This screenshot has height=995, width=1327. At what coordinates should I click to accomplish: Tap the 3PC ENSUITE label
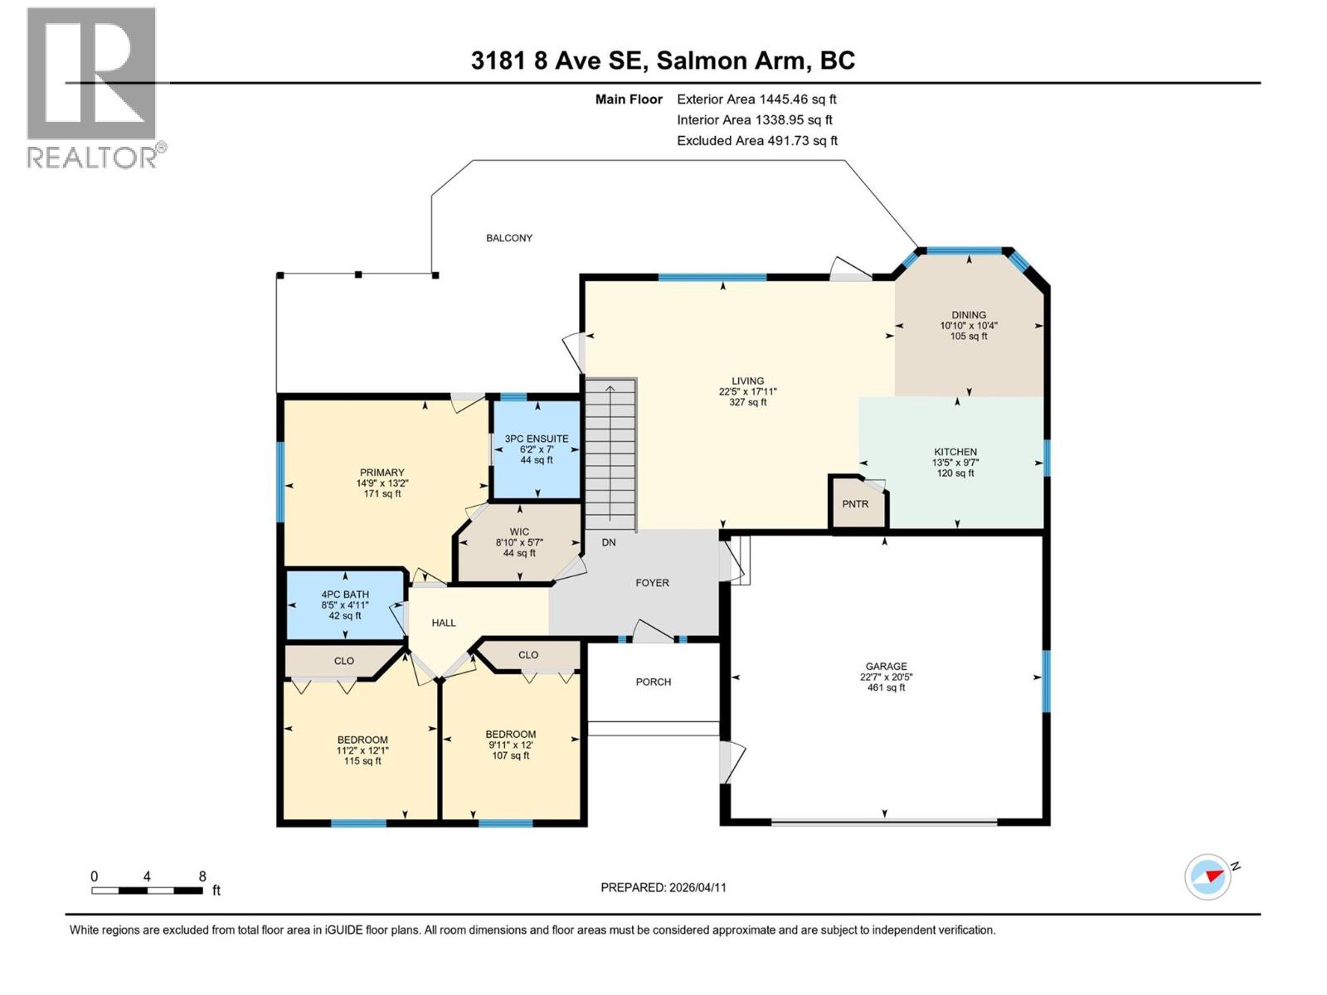(x=537, y=439)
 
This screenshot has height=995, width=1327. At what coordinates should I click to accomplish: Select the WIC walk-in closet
(x=519, y=542)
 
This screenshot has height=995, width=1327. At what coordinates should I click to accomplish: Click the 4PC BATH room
(x=345, y=604)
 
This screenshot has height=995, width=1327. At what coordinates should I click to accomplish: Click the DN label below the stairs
(x=609, y=542)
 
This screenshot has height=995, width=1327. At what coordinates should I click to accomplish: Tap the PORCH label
(x=654, y=682)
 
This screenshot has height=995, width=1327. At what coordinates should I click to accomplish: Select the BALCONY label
(x=509, y=238)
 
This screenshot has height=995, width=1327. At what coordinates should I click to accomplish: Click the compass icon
(x=1208, y=876)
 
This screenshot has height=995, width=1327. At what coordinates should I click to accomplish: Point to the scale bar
(x=148, y=891)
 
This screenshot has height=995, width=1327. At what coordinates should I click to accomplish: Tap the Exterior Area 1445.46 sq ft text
(x=756, y=99)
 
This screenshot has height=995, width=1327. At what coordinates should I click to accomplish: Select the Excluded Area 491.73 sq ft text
(x=757, y=141)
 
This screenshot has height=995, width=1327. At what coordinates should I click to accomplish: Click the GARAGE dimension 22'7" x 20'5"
(x=886, y=677)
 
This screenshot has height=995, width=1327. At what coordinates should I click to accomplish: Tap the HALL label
(x=444, y=623)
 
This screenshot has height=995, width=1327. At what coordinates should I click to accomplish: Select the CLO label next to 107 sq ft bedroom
(x=528, y=655)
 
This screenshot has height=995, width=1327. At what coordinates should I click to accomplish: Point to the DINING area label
(x=969, y=315)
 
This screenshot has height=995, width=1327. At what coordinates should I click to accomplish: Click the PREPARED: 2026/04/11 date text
(x=663, y=887)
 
